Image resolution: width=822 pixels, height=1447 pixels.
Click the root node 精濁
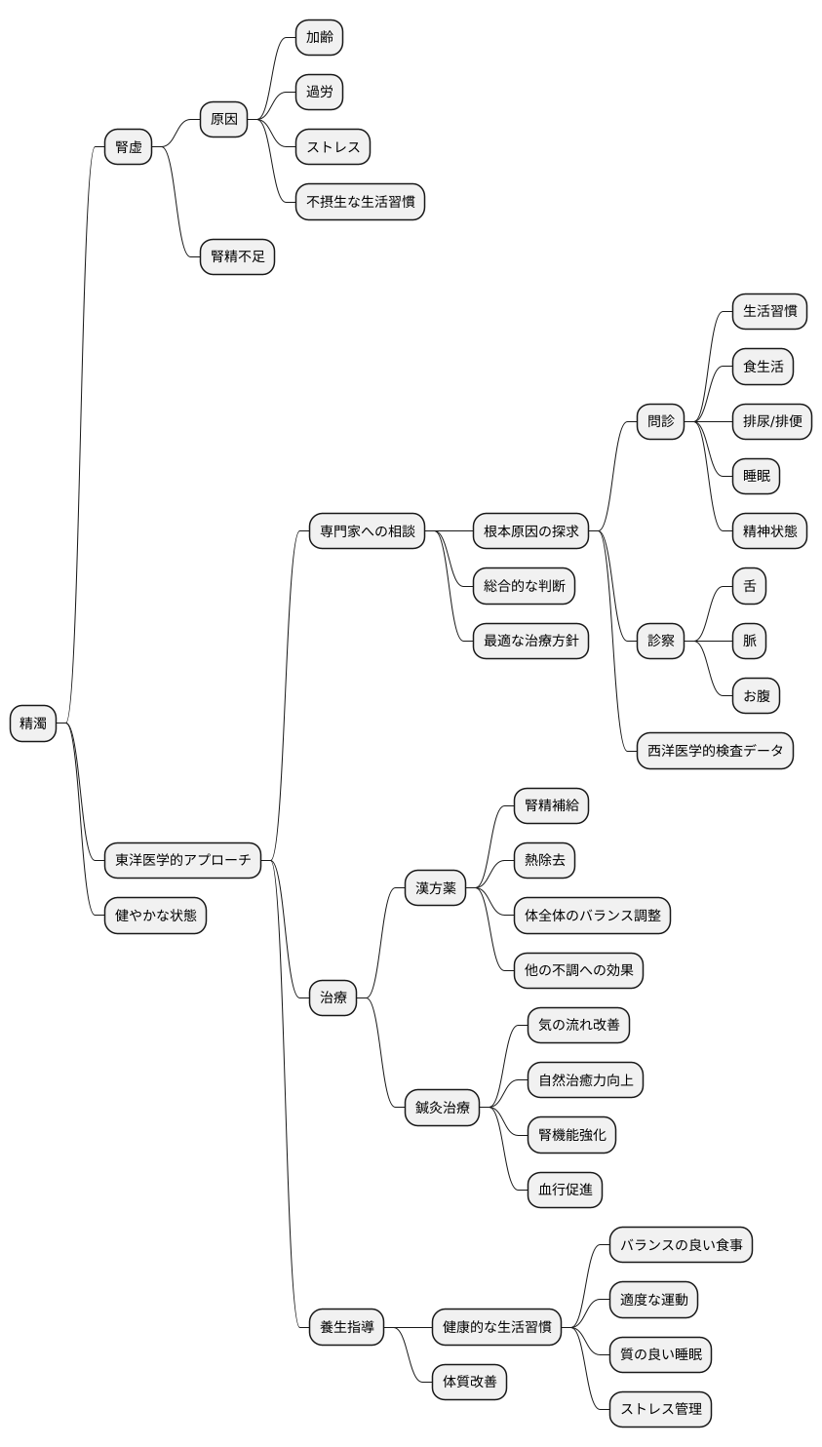point(33,723)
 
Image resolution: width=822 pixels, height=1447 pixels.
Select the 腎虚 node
point(128,147)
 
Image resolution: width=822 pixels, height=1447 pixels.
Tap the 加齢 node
point(319,37)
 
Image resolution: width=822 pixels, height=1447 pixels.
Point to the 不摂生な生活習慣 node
point(360,202)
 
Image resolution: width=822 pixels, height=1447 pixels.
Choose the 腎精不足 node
point(237,257)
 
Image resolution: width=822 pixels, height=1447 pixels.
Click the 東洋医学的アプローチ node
point(183,860)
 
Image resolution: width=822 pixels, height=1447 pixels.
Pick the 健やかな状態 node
point(156,916)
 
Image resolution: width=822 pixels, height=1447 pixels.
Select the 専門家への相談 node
point(367,531)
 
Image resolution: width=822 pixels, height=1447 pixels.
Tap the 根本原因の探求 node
point(531,531)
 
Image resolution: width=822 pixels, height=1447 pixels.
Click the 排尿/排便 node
point(772,421)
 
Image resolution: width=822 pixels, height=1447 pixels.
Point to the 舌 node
point(750,586)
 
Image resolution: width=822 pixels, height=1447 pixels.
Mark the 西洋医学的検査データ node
point(715,751)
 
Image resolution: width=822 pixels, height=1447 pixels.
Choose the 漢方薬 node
point(436,888)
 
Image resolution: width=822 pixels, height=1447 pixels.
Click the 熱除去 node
point(545,860)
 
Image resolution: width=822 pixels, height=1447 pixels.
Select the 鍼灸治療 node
point(442,1108)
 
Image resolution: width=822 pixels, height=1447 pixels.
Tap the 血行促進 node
point(566,1190)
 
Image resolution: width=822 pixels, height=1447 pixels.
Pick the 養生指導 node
point(346,1327)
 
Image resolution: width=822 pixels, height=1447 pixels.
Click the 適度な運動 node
point(654,1300)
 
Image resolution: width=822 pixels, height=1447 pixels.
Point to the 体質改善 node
point(469,1383)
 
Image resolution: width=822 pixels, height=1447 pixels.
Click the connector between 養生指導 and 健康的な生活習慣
point(408,1327)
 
